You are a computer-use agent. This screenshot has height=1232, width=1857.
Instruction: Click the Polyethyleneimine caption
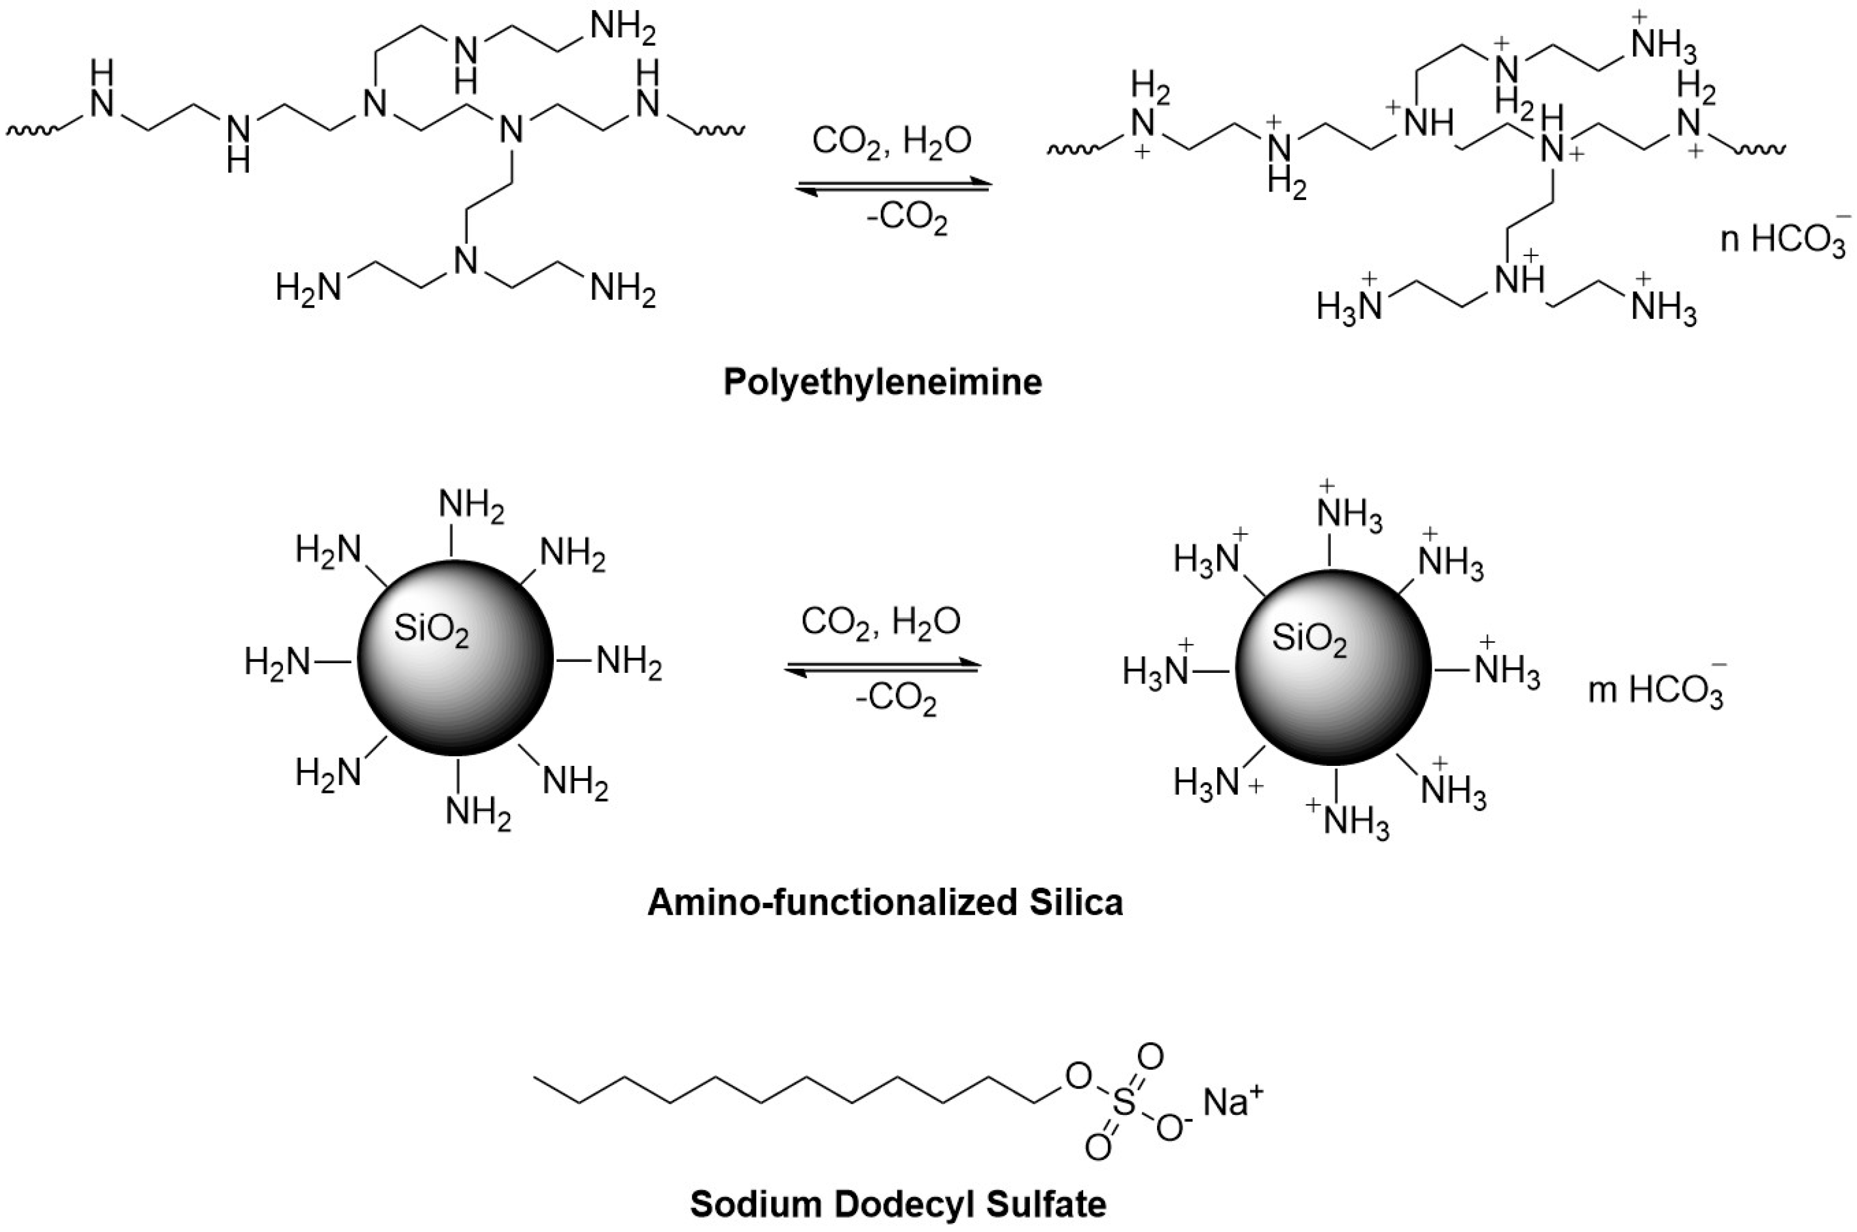pos(882,383)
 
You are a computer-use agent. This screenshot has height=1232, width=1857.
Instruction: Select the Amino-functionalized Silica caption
pos(885,902)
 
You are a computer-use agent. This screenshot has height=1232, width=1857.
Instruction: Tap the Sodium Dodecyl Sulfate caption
pos(898,1203)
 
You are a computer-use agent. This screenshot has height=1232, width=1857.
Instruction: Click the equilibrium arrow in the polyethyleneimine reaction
pos(895,186)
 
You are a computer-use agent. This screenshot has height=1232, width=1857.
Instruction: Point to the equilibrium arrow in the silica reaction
pos(882,666)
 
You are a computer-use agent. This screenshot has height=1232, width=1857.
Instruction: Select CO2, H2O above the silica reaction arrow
pos(880,622)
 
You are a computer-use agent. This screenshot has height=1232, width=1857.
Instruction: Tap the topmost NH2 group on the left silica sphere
pos(471,505)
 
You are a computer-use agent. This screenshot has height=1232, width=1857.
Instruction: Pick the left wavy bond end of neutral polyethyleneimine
pos(31,130)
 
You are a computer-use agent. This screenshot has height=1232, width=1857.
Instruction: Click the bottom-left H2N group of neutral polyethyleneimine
pos(309,288)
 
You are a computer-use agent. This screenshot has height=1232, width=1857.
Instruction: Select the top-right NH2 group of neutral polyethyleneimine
pos(622,28)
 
